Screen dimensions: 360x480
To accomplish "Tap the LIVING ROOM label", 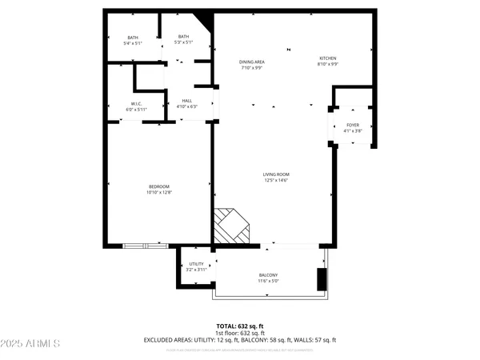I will coord(276,174).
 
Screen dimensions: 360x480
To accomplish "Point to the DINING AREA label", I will coord(252,62).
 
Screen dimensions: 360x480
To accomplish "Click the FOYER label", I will coord(352,126).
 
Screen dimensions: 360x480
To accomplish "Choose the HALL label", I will coord(186,101).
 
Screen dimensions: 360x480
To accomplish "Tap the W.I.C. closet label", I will coord(138,104).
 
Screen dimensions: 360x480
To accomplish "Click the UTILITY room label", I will coord(197,264).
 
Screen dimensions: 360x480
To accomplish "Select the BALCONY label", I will coord(268,275).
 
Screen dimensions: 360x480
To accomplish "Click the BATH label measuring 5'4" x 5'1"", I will coord(134,37).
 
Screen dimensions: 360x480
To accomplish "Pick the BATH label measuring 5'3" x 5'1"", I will coord(183,37).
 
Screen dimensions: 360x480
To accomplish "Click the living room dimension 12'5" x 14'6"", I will coord(276,180).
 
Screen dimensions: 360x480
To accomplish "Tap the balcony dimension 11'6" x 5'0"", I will coord(268,281).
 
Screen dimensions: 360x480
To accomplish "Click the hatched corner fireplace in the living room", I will coord(230,227).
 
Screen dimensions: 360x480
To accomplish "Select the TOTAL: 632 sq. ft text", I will coord(240,326).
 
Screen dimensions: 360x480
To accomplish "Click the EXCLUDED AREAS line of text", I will coord(240,339).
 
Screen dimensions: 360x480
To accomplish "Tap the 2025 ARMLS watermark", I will coord(32,344).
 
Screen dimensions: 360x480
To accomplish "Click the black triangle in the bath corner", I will coord(205,20).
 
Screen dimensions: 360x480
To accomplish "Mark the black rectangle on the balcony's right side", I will coord(322,280).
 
